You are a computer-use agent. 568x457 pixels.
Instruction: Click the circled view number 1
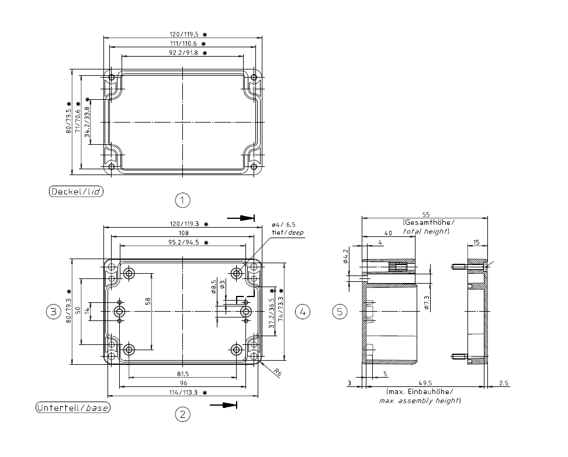click(183, 200)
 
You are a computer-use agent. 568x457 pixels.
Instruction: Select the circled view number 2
click(183, 414)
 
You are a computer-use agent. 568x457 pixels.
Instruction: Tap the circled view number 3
click(54, 312)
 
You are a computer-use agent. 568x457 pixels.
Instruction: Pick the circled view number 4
click(303, 312)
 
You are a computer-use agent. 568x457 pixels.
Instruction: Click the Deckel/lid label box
click(77, 191)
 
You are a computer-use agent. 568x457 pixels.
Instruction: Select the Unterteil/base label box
click(74, 407)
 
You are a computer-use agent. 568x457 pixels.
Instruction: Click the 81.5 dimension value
click(183, 374)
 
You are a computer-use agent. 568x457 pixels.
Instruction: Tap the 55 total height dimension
click(425, 215)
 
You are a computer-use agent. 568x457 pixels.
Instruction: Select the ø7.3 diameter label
click(426, 302)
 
